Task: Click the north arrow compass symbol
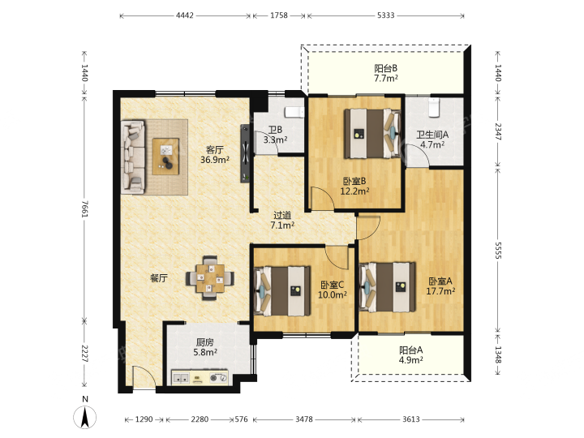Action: coord(85,417)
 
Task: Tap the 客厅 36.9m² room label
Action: coord(215,155)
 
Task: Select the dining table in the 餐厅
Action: coord(210,278)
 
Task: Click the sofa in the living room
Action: coord(132,157)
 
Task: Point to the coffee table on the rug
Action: coord(165,157)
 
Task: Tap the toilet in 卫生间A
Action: coord(433,107)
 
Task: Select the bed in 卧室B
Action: coord(372,133)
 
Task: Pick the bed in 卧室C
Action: coord(282,291)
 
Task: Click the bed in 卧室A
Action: coord(388,287)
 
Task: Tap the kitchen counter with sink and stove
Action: coord(200,378)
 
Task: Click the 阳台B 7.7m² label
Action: coord(386,73)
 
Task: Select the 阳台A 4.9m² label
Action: coord(410,355)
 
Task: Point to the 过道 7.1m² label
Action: coord(282,220)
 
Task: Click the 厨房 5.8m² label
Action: coord(205,347)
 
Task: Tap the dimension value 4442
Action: coord(185,15)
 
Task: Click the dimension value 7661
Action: coord(85,209)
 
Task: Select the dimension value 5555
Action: coord(498,250)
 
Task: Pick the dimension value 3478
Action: coord(304,419)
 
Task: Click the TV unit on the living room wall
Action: coord(245,153)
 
